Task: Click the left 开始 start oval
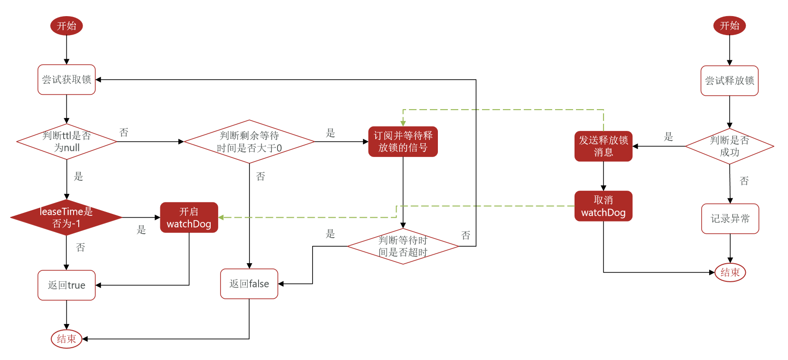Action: (x=66, y=26)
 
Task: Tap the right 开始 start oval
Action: (x=729, y=26)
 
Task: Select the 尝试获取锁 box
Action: (x=66, y=80)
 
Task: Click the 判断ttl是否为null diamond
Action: (x=66, y=141)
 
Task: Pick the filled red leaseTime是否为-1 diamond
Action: (x=66, y=217)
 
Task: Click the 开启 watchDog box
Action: (x=189, y=218)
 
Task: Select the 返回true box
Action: (x=66, y=285)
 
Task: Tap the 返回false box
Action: (x=249, y=284)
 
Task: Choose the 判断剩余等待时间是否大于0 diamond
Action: (x=249, y=142)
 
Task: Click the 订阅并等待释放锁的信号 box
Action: (x=403, y=141)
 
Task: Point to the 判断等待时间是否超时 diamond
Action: (x=403, y=246)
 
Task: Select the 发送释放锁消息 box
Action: (x=603, y=146)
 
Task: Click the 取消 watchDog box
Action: (x=603, y=206)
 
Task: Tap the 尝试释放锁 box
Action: (x=729, y=81)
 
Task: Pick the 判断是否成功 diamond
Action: (x=729, y=146)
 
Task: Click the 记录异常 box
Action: (x=730, y=219)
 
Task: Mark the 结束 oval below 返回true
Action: (x=66, y=339)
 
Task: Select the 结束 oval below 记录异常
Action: (x=730, y=272)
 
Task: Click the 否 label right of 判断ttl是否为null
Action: (x=124, y=132)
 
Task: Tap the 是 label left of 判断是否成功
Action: (x=668, y=137)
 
